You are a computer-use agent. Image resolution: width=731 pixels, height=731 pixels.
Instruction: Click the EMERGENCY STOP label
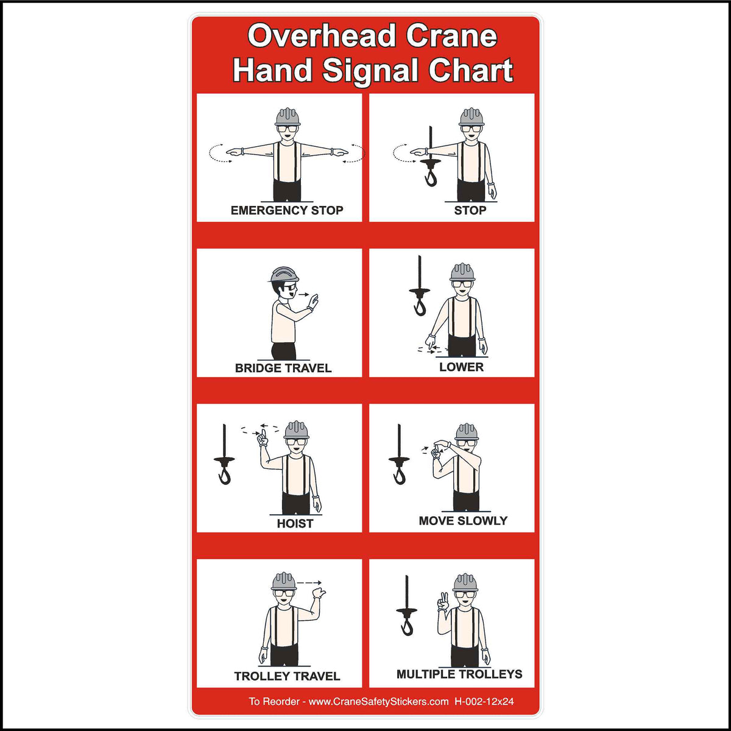pyautogui.click(x=287, y=211)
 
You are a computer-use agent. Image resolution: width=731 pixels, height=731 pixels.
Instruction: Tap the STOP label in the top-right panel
pyautogui.click(x=470, y=211)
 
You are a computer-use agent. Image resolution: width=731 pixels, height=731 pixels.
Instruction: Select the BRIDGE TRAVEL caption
pyautogui.click(x=283, y=368)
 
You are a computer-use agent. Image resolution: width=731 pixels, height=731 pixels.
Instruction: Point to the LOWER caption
pyautogui.click(x=461, y=367)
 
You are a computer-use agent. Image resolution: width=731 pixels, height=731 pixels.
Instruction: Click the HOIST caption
pyautogui.click(x=295, y=523)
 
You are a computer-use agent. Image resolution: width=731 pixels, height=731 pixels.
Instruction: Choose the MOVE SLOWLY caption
pyautogui.click(x=463, y=521)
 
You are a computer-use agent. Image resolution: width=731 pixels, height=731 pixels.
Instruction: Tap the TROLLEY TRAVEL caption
pyautogui.click(x=287, y=676)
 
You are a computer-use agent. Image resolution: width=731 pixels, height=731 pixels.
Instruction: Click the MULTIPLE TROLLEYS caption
pyautogui.click(x=459, y=674)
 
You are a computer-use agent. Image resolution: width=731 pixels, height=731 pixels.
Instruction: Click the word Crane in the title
pyautogui.click(x=451, y=37)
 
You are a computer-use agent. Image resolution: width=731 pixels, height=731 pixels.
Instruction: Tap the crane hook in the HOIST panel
pyautogui.click(x=225, y=472)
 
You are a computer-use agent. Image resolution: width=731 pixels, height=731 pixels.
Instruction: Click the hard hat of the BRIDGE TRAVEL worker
pyautogui.click(x=284, y=275)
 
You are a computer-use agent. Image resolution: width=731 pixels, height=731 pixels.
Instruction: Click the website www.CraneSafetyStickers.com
pyautogui.click(x=378, y=702)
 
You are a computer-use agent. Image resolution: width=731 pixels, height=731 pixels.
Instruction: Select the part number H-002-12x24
pyautogui.click(x=484, y=702)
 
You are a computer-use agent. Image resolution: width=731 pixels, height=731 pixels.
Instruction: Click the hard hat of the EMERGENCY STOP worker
pyautogui.click(x=287, y=116)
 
